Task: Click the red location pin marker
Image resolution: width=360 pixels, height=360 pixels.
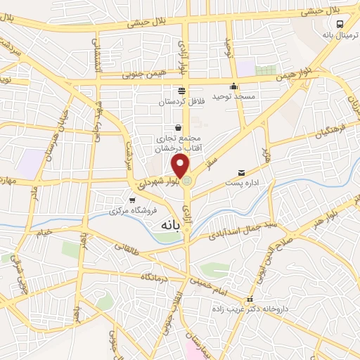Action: click(181, 167)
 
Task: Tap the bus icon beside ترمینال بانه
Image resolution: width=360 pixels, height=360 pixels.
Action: click(340, 22)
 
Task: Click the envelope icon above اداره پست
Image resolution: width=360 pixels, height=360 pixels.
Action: click(242, 173)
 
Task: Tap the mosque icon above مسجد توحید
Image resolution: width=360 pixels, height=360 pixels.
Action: click(234, 86)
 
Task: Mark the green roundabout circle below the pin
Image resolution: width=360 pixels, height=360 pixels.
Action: click(187, 182)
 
